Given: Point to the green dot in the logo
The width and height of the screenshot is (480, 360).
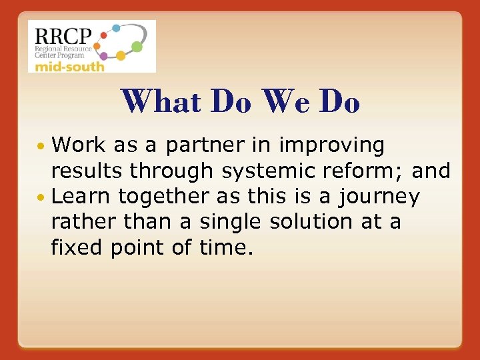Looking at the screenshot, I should pos(137,47).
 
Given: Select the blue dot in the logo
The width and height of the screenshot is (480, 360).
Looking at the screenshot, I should pos(115,29).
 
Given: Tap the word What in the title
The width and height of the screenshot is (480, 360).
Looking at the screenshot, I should pos(161,103).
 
